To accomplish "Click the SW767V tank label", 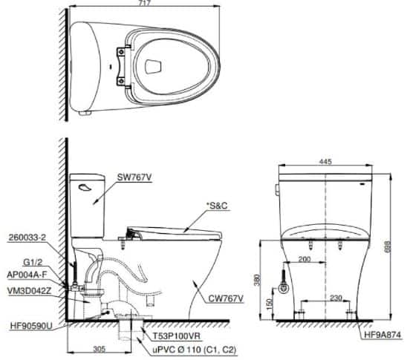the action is point(134,177).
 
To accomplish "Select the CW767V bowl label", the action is point(226,298).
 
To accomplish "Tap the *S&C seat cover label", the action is point(217,206).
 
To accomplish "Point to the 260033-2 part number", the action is point(27,238).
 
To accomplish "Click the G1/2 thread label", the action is point(33,262).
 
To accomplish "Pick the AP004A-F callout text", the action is point(27,275).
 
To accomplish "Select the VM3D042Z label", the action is point(29,291).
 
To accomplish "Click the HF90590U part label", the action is point(31,326).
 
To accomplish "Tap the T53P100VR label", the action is point(177,336).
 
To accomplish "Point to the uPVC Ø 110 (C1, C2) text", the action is point(195,350).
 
